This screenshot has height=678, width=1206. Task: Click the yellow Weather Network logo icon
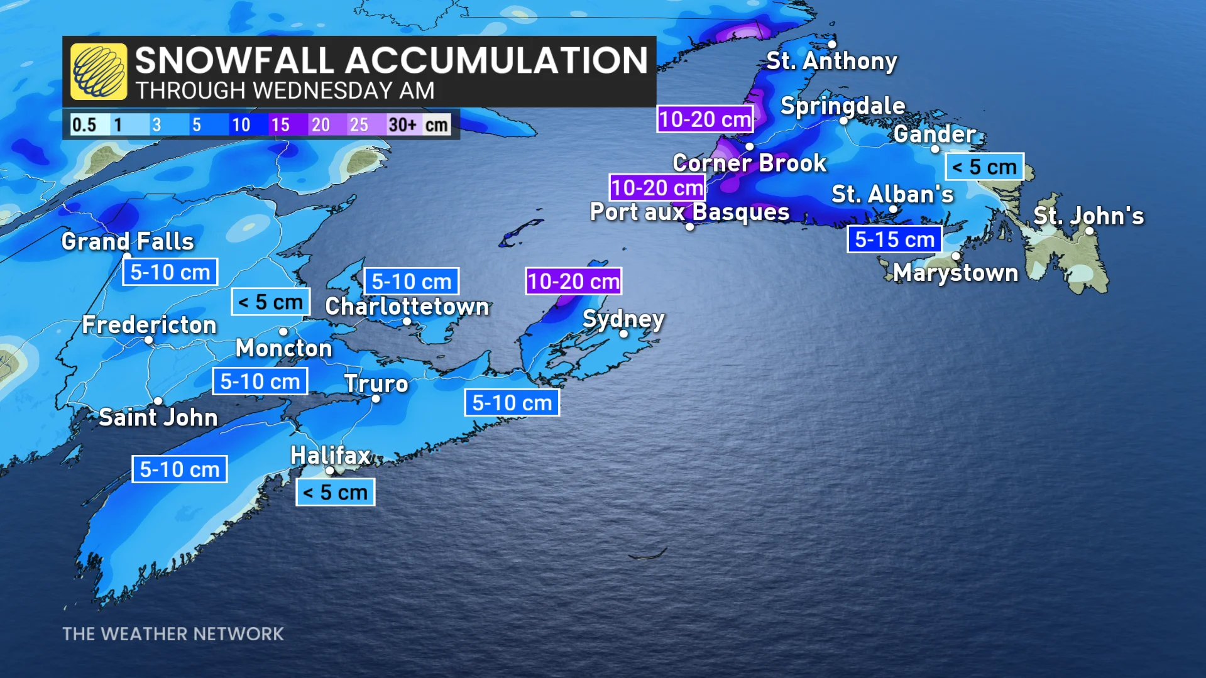[98, 72]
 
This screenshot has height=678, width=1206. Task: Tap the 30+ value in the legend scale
[402, 124]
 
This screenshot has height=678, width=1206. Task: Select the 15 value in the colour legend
[280, 124]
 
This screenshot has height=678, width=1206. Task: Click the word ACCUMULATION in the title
[496, 60]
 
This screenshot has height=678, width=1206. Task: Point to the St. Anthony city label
[831, 62]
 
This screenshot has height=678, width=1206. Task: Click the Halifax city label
[331, 456]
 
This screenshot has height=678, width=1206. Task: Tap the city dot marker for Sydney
[623, 334]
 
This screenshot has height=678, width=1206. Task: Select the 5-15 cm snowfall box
[894, 239]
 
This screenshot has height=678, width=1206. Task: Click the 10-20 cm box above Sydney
[573, 282]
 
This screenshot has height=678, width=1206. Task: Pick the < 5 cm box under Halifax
[336, 492]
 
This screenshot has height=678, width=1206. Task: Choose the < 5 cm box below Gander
[984, 167]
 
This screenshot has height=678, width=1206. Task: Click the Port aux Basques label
[689, 212]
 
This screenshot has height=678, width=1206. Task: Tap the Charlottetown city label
[407, 307]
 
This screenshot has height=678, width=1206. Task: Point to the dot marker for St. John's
[1089, 231]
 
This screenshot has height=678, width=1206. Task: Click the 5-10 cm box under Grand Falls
[170, 272]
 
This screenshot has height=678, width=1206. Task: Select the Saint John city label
[158, 418]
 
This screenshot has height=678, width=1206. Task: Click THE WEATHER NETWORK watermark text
[173, 634]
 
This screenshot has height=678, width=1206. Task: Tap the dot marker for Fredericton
[149, 340]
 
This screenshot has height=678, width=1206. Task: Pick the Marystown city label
[955, 273]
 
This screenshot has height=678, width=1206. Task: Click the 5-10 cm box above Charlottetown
[412, 282]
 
